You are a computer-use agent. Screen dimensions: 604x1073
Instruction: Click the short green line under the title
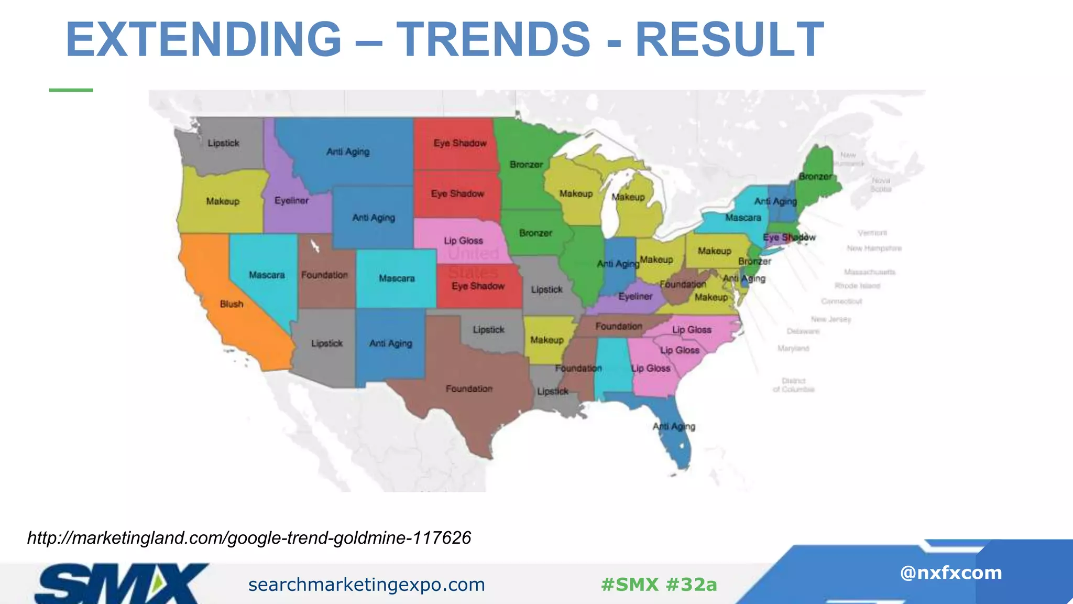pyautogui.click(x=71, y=90)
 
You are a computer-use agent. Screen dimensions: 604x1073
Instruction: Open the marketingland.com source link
pyautogui.click(x=249, y=537)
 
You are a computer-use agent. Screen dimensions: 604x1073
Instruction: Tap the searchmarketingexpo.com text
pyautogui.click(x=366, y=584)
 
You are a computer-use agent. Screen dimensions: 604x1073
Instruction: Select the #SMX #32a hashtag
pyautogui.click(x=659, y=584)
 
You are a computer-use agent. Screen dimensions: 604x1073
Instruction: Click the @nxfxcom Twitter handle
pyautogui.click(x=950, y=573)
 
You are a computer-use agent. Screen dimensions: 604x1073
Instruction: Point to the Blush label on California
pyautogui.click(x=232, y=304)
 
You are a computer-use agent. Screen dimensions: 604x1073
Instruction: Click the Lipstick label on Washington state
pyautogui.click(x=223, y=143)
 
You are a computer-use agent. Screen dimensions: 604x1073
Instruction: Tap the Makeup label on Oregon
pyautogui.click(x=223, y=201)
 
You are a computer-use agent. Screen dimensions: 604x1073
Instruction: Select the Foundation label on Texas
pyautogui.click(x=469, y=389)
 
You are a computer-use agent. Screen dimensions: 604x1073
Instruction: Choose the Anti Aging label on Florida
pyautogui.click(x=674, y=426)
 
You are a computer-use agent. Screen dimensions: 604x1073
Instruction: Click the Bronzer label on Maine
pyautogui.click(x=815, y=177)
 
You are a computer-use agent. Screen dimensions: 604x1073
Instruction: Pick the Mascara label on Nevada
pyautogui.click(x=267, y=275)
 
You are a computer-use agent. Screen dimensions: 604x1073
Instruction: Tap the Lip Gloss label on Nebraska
pyautogui.click(x=463, y=241)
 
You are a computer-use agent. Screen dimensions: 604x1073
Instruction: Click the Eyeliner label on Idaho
pyautogui.click(x=291, y=200)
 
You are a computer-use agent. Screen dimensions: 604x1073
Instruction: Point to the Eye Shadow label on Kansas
pyautogui.click(x=478, y=286)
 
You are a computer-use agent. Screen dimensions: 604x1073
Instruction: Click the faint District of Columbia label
pyautogui.click(x=793, y=385)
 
